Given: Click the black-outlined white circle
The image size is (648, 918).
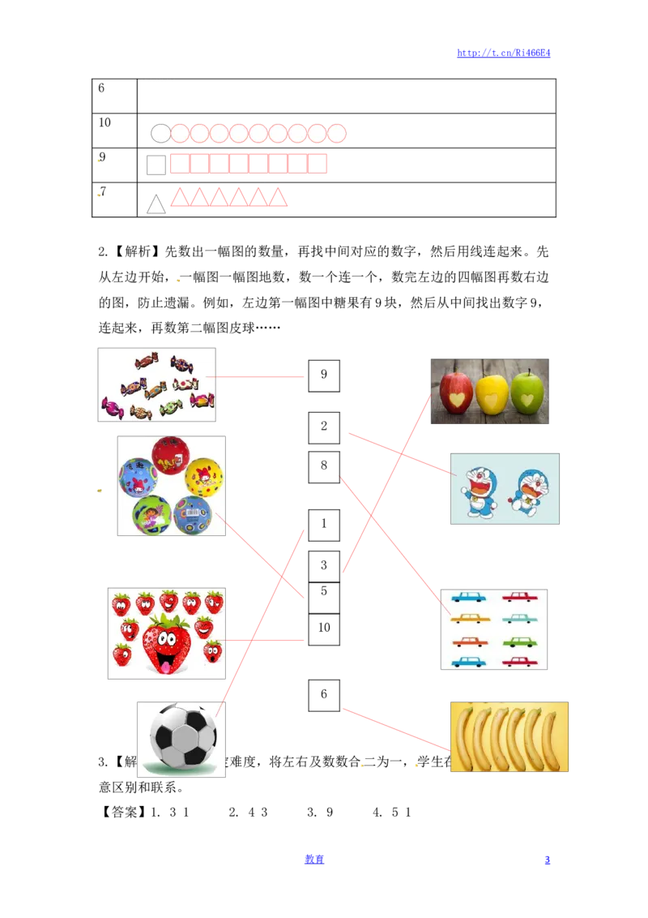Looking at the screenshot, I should point(160,134).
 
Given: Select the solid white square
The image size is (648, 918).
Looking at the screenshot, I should point(156,165).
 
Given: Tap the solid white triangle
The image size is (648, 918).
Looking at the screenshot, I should point(156,205).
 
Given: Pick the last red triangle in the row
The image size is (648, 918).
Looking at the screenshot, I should point(279,197).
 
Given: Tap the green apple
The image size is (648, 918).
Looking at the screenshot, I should point(527,393).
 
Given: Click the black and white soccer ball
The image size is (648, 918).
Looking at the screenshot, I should point(184,736).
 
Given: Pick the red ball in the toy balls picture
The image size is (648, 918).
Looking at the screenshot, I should point(171,455).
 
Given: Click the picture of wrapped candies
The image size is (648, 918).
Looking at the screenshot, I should point(159,384).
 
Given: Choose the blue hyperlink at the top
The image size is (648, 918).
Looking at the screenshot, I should point(503,53).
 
